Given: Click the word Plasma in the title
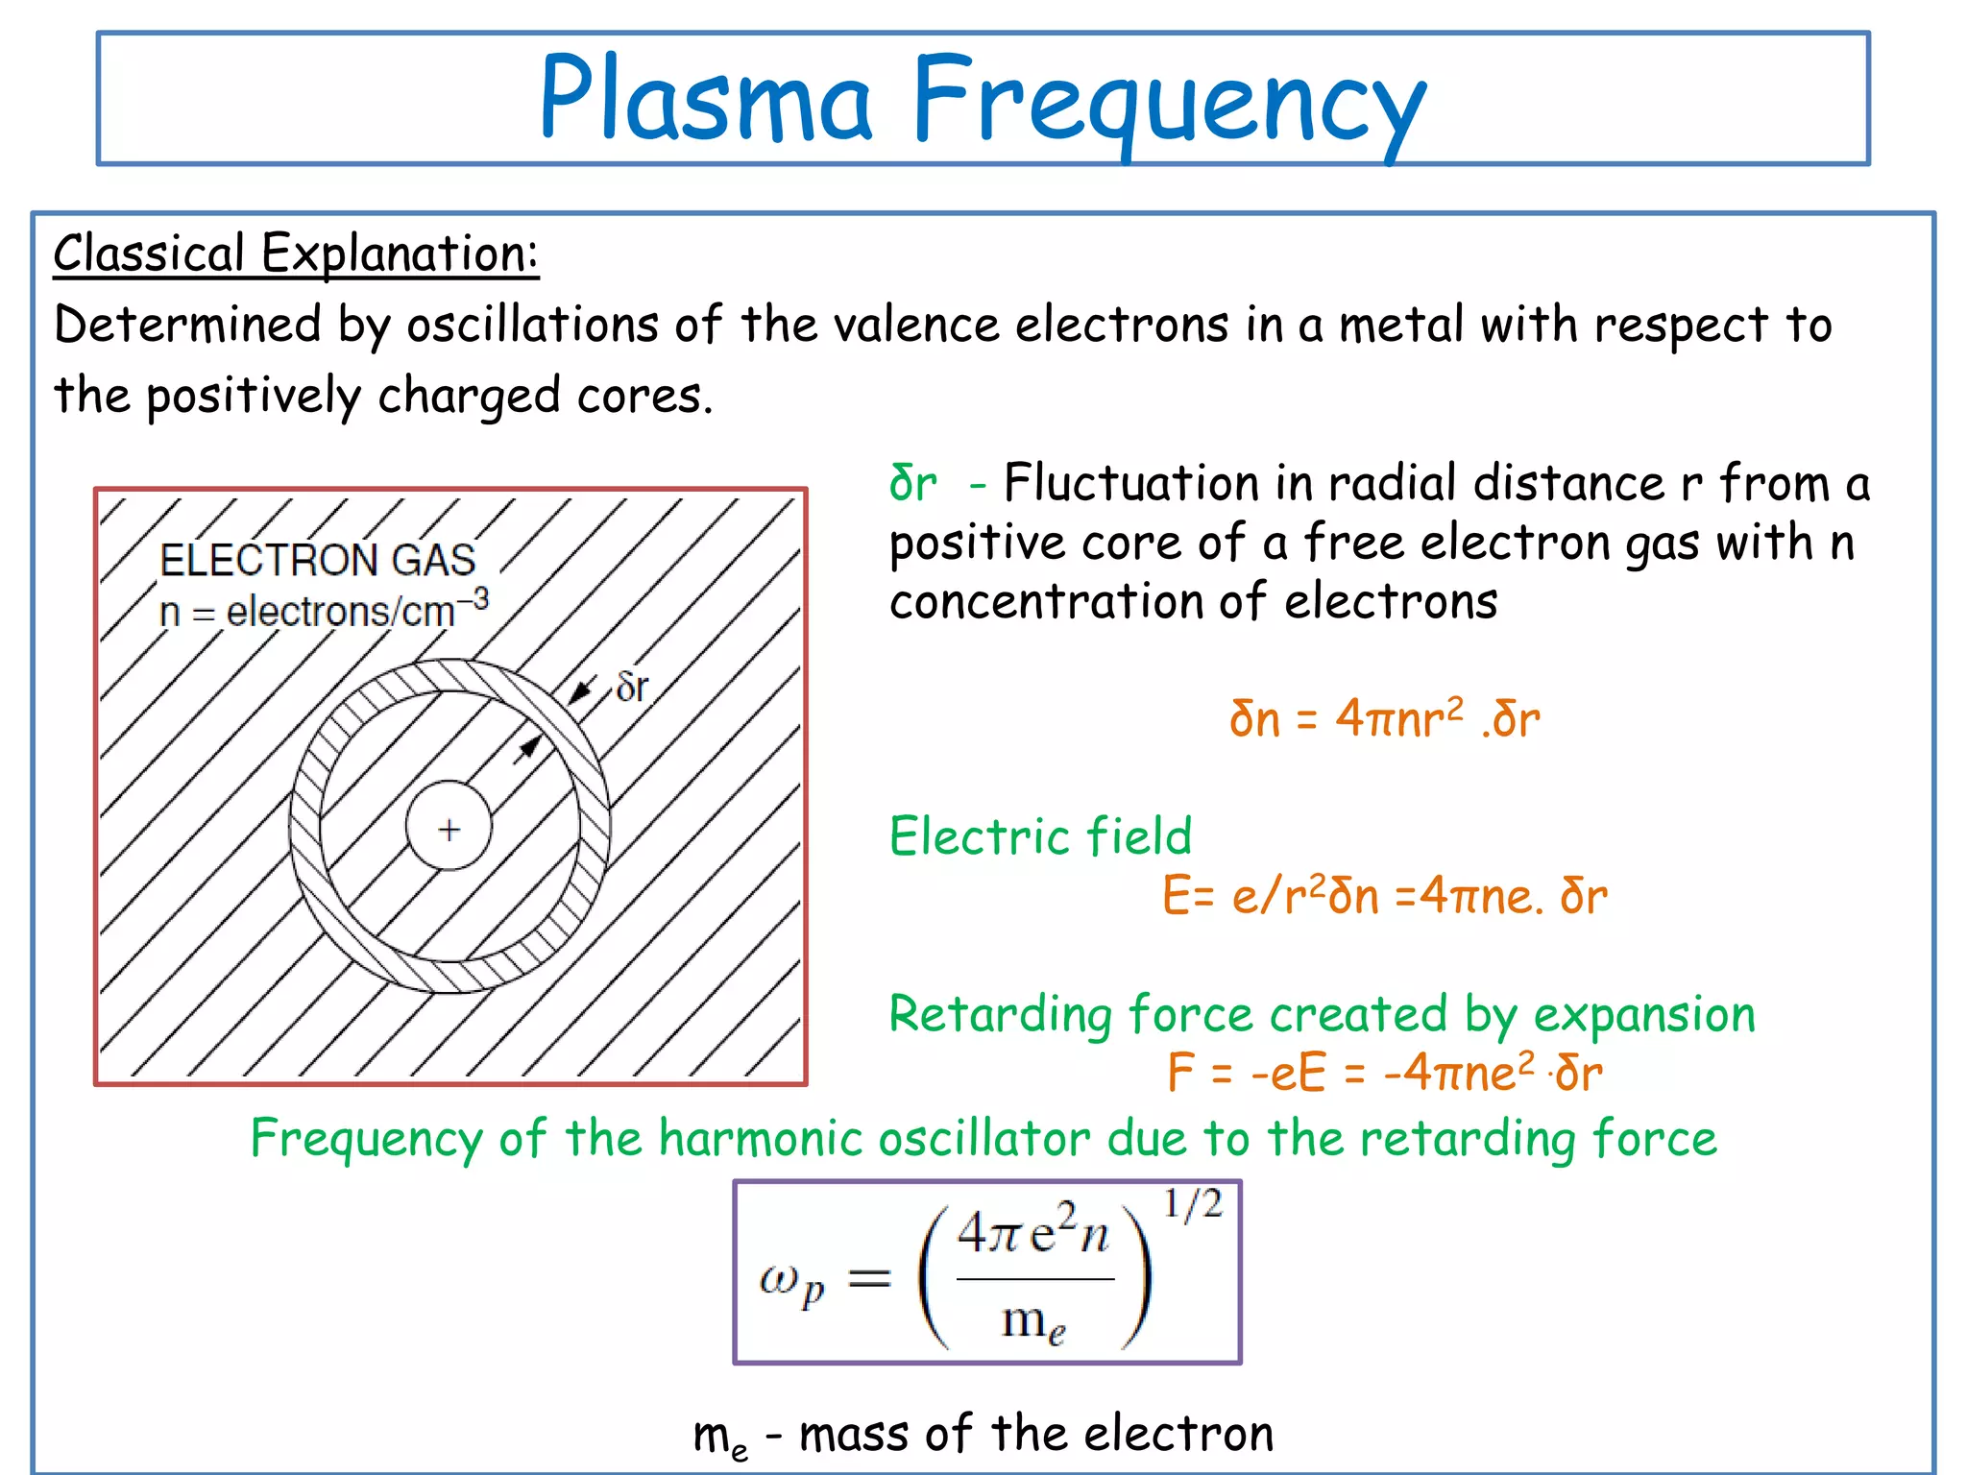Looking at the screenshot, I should (x=706, y=99).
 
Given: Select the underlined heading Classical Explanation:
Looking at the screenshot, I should (x=296, y=254).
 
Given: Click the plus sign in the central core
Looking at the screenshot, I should (x=449, y=830).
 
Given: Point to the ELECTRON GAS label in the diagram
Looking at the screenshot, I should (x=318, y=560).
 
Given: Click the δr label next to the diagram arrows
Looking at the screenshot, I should (x=632, y=688).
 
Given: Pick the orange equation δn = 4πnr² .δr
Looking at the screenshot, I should (x=1384, y=718).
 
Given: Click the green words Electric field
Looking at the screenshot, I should (x=1040, y=835).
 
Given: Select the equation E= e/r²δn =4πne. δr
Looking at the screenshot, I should (x=1384, y=896).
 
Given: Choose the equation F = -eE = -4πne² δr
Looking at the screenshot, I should (x=1384, y=1073).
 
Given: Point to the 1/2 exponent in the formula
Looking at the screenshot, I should (x=1193, y=1204).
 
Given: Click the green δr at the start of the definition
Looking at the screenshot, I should (x=912, y=483).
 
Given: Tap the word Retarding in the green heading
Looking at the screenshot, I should (x=1000, y=1014).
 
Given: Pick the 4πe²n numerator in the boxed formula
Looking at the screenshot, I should (x=1033, y=1232).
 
